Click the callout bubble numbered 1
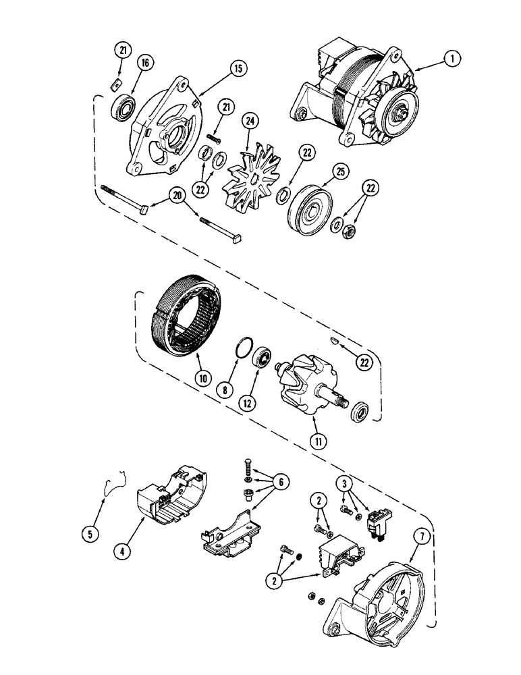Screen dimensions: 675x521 pyautogui.click(x=454, y=59)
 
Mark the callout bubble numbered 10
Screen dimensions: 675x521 pyautogui.click(x=200, y=378)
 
